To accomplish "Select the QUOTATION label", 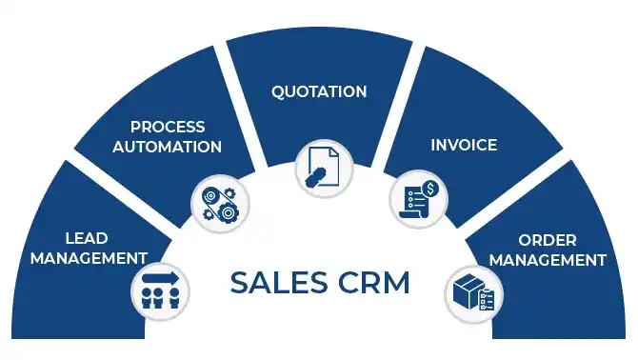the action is (x=319, y=92).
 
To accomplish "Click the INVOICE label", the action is (x=464, y=146).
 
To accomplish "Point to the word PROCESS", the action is (x=168, y=128).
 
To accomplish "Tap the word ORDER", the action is (x=548, y=240).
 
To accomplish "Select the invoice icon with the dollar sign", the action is (x=417, y=197).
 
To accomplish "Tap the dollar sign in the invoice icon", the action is (x=429, y=189).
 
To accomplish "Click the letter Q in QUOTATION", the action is (x=277, y=92).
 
